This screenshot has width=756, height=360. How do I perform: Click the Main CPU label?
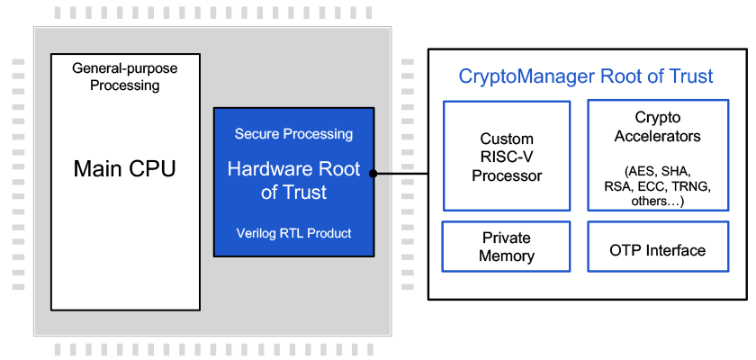click(x=124, y=168)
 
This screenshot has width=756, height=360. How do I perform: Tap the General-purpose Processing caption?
click(x=124, y=76)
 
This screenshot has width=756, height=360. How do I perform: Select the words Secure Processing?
click(x=293, y=134)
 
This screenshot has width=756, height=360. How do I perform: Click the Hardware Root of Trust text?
click(x=293, y=180)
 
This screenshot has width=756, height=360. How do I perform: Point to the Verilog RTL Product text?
click(x=293, y=233)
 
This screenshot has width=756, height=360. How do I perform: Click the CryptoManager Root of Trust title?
click(x=586, y=76)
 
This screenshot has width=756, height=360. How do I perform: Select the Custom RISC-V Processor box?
click(x=507, y=156)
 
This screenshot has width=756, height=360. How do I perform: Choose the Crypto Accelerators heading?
click(x=658, y=127)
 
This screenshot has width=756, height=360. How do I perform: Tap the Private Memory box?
click(x=507, y=247)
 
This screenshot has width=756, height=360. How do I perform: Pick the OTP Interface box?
click(x=658, y=250)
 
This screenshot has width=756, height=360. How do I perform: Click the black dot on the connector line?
click(x=373, y=173)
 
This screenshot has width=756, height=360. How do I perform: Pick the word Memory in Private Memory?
click(x=507, y=256)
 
